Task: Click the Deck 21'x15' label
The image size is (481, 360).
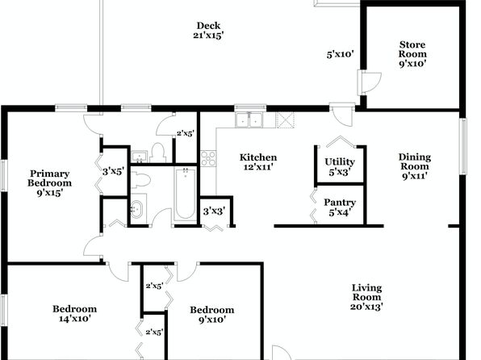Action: [208, 31]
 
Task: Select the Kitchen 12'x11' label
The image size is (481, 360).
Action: [258, 162]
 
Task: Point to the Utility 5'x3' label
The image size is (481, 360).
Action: [340, 166]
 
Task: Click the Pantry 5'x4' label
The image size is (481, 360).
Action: [340, 207]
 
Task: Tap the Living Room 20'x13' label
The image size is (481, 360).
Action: [366, 297]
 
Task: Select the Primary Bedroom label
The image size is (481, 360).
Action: [49, 183]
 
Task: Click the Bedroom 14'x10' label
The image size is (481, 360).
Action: [74, 314]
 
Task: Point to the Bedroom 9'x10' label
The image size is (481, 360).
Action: [212, 315]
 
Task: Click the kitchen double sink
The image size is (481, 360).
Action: [249, 119]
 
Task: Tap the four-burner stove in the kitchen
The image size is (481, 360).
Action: [208, 158]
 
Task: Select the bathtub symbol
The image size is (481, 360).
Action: [186, 194]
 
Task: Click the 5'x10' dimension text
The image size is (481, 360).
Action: [341, 55]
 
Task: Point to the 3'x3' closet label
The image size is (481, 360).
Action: [214, 211]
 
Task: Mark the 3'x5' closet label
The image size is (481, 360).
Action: [113, 171]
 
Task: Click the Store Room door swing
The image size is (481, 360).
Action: [370, 83]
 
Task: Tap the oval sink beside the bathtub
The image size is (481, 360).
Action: [136, 209]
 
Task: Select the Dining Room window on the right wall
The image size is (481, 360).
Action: [462, 146]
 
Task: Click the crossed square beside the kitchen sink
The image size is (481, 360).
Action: [285, 120]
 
